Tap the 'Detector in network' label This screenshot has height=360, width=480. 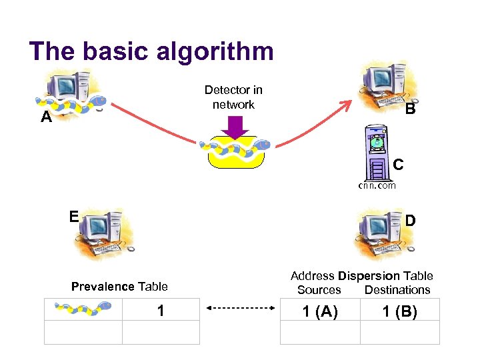233,97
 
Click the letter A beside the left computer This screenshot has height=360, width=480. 45,118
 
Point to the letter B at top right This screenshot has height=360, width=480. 411,109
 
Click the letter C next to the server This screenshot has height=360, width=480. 398,163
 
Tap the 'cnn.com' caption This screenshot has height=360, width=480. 377,185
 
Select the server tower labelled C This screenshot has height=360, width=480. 377,153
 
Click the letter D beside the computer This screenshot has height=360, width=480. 411,220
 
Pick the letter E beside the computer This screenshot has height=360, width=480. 73,216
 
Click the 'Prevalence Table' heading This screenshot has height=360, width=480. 119,287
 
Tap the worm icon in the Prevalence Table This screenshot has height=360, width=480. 83,309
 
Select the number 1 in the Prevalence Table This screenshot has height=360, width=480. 161,310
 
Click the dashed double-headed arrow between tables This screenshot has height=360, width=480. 240,308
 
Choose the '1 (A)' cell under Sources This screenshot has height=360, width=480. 320,311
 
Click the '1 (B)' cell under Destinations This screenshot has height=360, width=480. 399,311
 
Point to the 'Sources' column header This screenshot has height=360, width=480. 319,290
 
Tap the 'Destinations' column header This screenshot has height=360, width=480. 397,290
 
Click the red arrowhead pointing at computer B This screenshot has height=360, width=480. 347,104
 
